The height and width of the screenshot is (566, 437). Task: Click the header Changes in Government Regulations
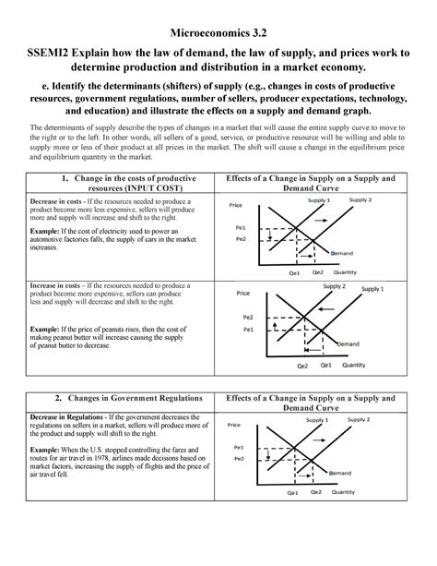click(122, 399)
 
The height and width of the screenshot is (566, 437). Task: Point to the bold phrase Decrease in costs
click(54, 200)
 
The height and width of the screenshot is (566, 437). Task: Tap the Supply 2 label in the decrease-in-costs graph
click(360, 199)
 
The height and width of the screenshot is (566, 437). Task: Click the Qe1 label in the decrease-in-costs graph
click(293, 273)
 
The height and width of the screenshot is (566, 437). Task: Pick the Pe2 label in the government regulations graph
click(240, 458)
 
